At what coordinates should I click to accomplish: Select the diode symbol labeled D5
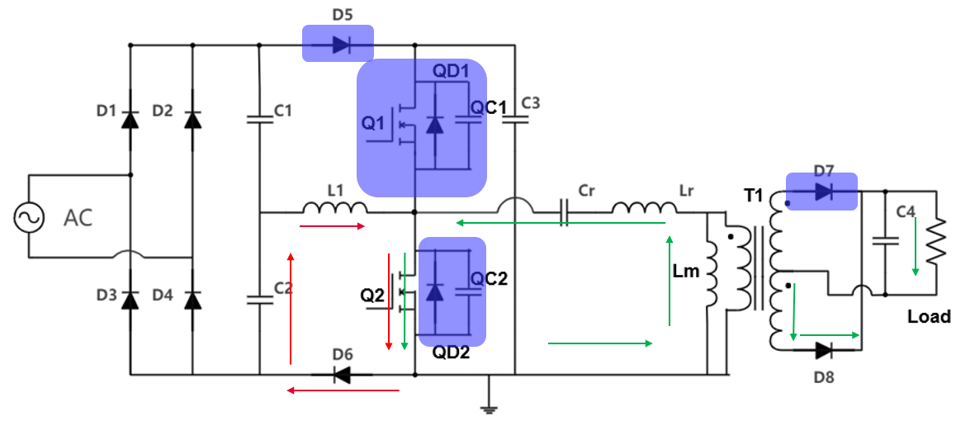[x=339, y=44]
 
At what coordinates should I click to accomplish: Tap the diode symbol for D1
[x=130, y=120]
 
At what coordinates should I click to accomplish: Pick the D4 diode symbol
[x=192, y=299]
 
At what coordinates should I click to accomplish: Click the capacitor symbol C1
[x=259, y=120]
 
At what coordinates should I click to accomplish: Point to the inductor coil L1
[x=334, y=207]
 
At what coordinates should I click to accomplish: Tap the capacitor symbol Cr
[x=565, y=212]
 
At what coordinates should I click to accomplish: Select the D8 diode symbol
[x=822, y=350]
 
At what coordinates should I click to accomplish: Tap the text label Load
[x=929, y=317]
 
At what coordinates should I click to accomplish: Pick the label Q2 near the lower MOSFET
[x=372, y=295]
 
